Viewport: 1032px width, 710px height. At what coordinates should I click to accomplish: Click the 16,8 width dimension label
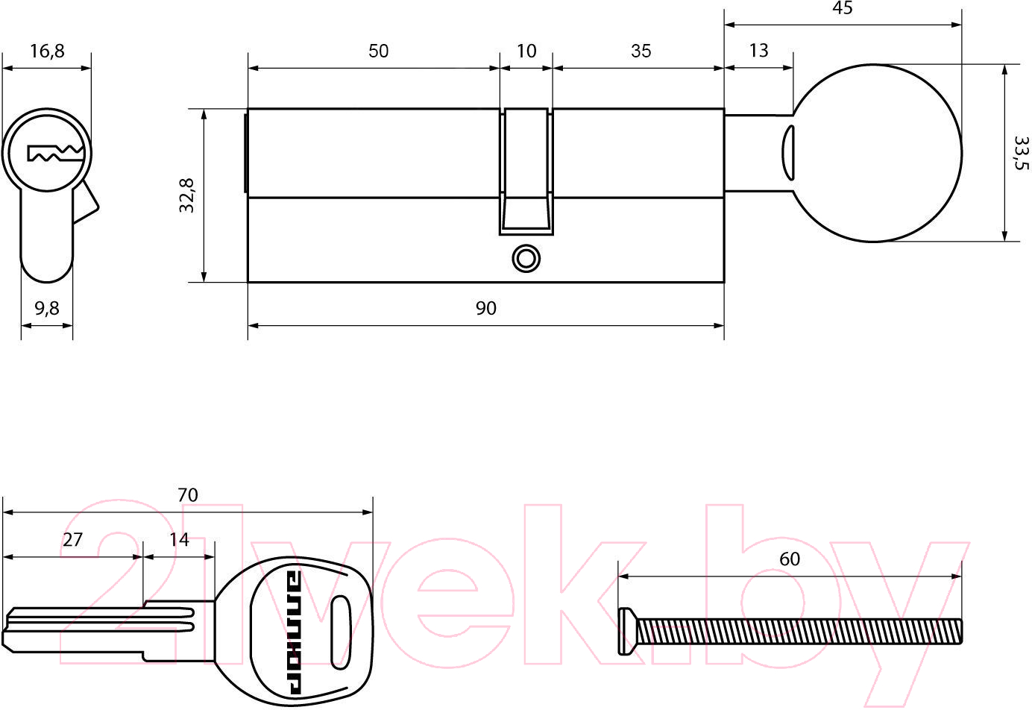[47, 51]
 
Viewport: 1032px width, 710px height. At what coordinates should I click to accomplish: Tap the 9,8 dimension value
[47, 308]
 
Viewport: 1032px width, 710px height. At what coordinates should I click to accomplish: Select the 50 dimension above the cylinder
[378, 51]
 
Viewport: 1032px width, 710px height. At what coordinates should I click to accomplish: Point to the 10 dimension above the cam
[526, 51]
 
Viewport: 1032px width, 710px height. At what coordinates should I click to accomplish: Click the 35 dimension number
[641, 51]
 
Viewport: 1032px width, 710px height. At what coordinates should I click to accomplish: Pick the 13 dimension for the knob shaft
[758, 50]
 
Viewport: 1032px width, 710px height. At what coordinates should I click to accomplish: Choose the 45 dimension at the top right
[842, 8]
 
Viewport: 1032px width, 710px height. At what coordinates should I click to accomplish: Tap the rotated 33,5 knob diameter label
[1021, 152]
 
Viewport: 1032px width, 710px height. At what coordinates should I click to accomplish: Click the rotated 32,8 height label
[186, 195]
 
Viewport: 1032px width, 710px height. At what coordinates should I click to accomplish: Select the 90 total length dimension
[485, 308]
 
